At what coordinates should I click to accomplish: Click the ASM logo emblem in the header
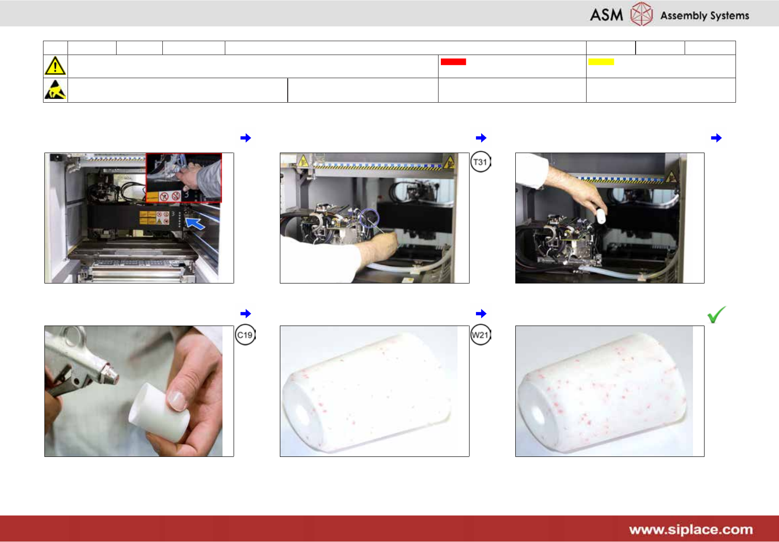(x=641, y=14)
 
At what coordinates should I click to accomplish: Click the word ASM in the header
(x=606, y=15)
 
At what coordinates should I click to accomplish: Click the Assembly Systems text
(x=705, y=16)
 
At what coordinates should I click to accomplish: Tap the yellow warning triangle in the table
(x=55, y=66)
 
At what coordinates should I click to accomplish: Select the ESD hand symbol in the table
(x=55, y=90)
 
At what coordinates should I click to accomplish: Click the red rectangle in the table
(x=453, y=62)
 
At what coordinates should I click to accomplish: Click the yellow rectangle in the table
(x=601, y=62)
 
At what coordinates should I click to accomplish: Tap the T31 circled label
(x=480, y=162)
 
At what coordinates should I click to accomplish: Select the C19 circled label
(x=245, y=335)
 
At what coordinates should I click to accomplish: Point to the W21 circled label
(x=480, y=335)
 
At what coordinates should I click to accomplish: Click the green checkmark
(x=717, y=314)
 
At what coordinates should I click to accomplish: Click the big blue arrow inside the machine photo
(x=195, y=223)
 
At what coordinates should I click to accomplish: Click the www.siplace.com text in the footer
(x=691, y=530)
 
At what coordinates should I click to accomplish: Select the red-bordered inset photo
(x=184, y=178)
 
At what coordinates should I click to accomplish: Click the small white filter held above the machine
(x=601, y=216)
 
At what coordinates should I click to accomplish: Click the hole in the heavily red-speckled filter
(x=538, y=415)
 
